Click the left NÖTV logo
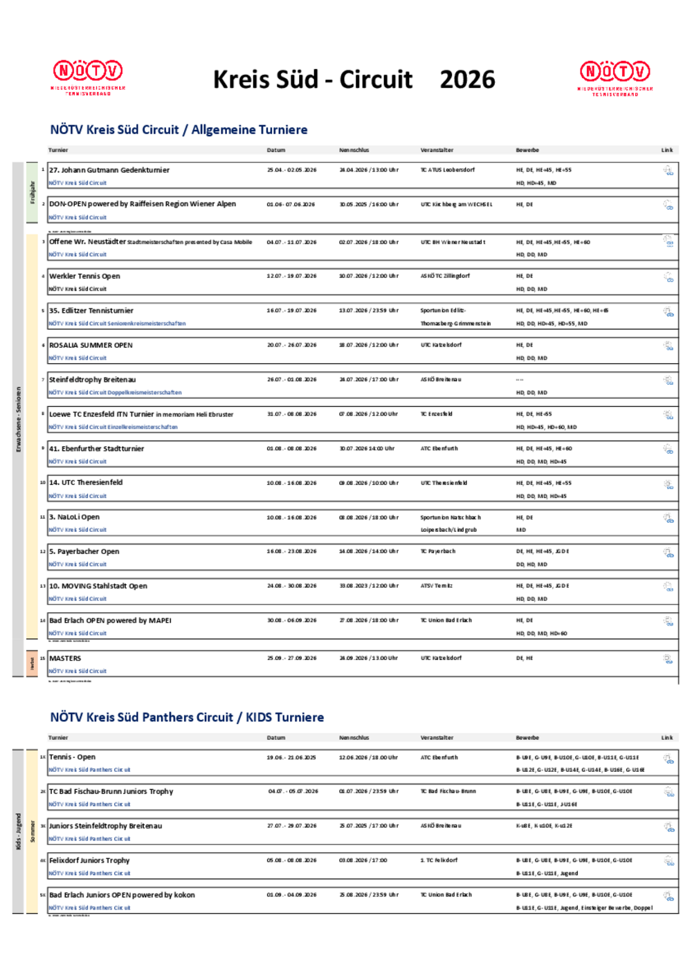click(x=88, y=75)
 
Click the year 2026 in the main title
click(x=467, y=80)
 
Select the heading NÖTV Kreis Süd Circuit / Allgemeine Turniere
click(x=179, y=130)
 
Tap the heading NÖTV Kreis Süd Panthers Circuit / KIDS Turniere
click(x=187, y=717)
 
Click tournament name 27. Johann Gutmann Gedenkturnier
click(x=109, y=170)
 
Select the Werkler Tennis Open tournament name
click(x=84, y=276)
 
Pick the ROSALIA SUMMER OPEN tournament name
click(x=91, y=345)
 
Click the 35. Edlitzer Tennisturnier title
click(x=91, y=311)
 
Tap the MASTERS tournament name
click(x=65, y=658)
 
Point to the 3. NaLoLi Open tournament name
click(x=74, y=517)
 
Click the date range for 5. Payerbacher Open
click(x=291, y=551)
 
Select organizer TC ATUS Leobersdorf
click(x=447, y=170)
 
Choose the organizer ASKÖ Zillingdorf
click(x=444, y=276)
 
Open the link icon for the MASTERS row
click(x=668, y=659)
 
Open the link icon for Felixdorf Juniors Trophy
click(x=668, y=861)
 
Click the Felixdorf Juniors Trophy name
click(x=89, y=860)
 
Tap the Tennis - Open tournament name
click(x=72, y=757)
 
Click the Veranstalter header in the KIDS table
click(x=437, y=738)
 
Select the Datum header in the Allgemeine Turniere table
click(x=276, y=150)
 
